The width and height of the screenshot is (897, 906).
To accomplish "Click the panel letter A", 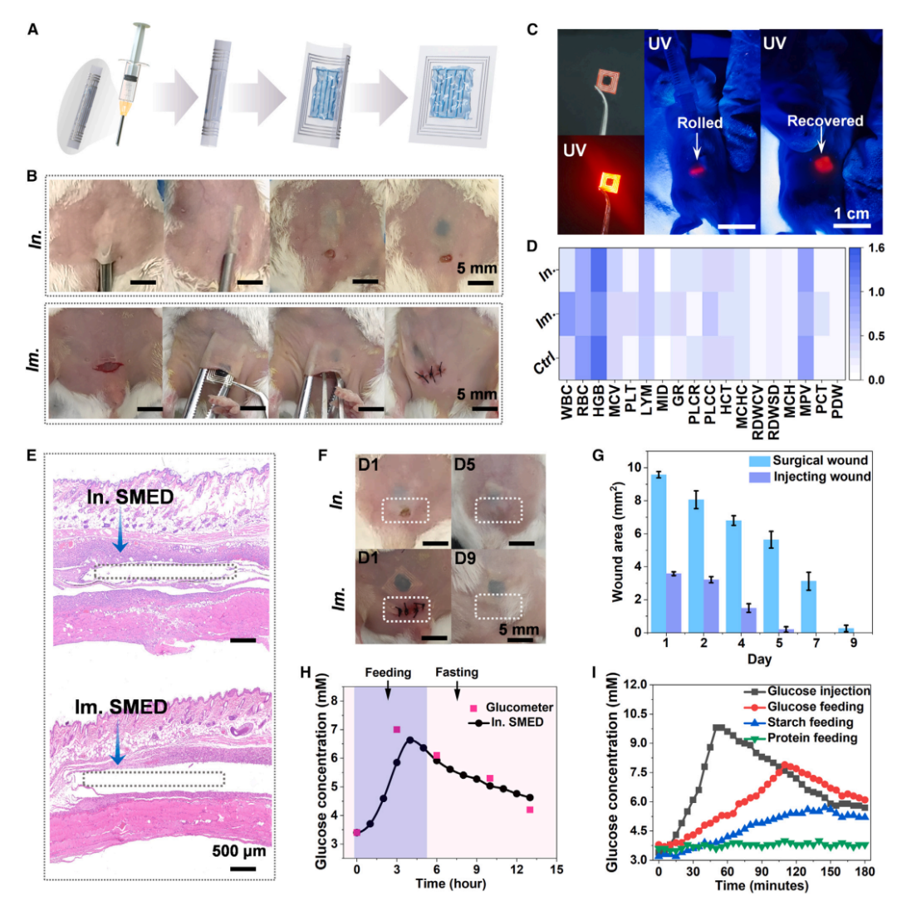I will (32, 31).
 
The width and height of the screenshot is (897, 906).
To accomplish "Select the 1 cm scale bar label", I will (852, 214).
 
